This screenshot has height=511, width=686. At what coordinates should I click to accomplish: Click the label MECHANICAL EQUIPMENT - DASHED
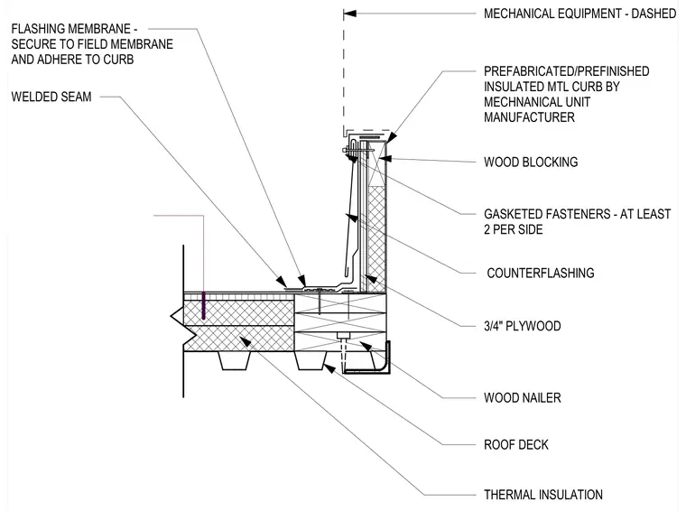coord(579,14)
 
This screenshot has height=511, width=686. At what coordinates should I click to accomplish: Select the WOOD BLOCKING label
coord(531,163)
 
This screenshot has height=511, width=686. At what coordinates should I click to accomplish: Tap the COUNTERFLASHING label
coord(541,274)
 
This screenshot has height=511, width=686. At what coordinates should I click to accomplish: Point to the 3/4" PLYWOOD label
coord(523,326)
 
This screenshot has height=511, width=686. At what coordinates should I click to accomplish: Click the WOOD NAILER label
coord(523,397)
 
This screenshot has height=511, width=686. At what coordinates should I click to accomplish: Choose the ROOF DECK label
coord(515,445)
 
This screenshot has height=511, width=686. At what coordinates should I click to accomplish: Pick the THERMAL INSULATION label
coord(543,495)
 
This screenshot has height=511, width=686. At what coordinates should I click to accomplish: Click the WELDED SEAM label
coord(51,97)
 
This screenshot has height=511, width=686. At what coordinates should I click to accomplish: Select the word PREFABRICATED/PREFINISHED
coord(567,71)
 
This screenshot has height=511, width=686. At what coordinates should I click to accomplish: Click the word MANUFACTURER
coord(529,117)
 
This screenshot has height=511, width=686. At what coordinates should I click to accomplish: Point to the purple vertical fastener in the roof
coord(203,305)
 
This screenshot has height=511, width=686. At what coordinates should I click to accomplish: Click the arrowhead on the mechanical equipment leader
coord(349,14)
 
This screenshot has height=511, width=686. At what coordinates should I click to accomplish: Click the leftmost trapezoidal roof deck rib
coord(235,360)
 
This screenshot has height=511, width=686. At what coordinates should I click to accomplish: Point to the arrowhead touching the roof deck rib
coord(329,368)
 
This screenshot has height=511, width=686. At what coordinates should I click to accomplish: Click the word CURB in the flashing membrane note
coord(118,60)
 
